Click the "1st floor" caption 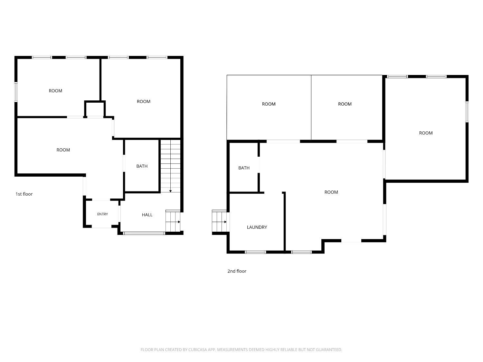[24, 194]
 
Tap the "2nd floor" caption [237, 271]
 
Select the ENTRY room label [102, 214]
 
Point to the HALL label [147, 215]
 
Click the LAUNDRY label [257, 227]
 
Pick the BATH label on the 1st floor [142, 166]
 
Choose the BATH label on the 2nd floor [244, 168]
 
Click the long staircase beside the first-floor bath [171, 166]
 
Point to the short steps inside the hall [173, 221]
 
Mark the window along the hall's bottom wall [144, 233]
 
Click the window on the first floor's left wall [16, 92]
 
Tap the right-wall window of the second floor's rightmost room [467, 112]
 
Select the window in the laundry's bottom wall [255, 252]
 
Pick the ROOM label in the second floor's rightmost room [426, 133]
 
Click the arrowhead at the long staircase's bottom [171, 191]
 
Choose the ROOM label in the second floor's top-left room [269, 104]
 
